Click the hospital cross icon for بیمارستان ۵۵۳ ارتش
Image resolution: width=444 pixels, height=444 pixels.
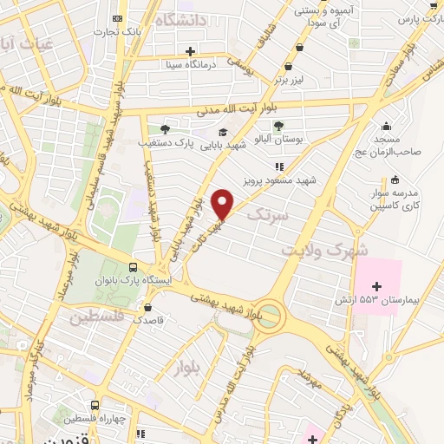[x=376, y=285]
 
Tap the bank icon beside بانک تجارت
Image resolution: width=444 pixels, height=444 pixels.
[x=119, y=18]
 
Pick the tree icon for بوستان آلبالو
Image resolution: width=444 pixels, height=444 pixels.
[x=278, y=125]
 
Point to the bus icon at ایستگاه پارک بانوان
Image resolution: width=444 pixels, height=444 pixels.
[x=133, y=267]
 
